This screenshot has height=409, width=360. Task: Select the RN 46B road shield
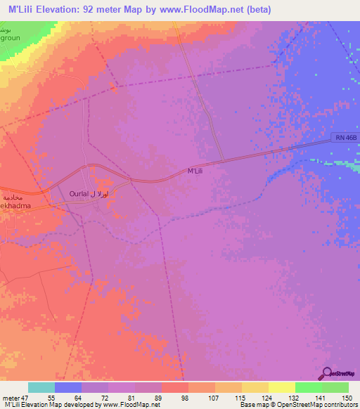pyautogui.click(x=344, y=141)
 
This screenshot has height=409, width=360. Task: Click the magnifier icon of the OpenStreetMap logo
pyautogui.click(x=328, y=375)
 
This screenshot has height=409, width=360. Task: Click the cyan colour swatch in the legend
pyautogui.click(x=41, y=387)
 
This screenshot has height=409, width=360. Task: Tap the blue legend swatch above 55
pyautogui.click(x=68, y=387)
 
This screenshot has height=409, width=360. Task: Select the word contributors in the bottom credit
pyautogui.click(x=340, y=405)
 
